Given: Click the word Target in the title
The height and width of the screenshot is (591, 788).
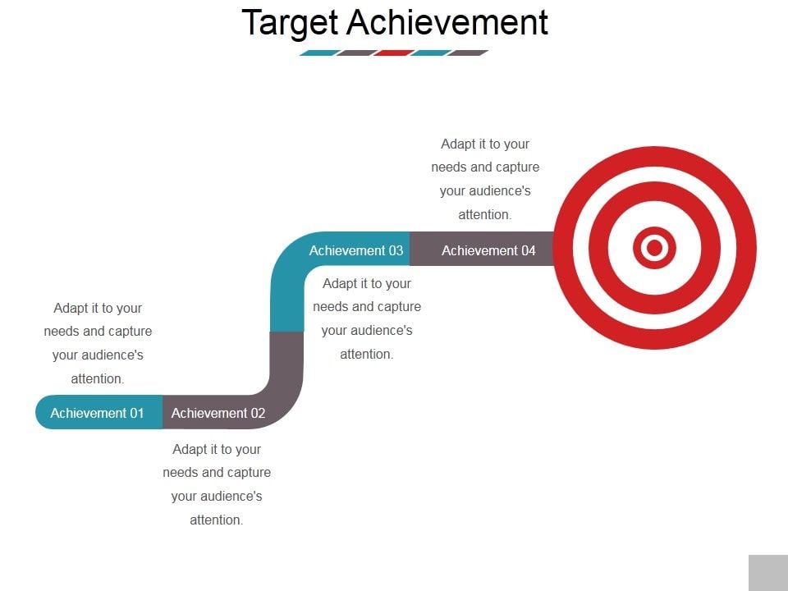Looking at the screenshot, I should (x=291, y=23).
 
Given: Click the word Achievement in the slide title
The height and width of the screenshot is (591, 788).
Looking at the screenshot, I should (x=447, y=22).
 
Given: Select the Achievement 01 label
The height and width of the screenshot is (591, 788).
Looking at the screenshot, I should (x=97, y=413).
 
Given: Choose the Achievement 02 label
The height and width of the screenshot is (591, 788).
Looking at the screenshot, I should (x=218, y=413).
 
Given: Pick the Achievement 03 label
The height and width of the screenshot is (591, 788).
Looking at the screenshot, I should (x=356, y=250).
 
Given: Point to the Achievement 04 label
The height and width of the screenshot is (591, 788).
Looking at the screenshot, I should (x=488, y=250).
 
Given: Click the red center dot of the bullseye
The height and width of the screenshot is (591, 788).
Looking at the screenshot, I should (x=654, y=247).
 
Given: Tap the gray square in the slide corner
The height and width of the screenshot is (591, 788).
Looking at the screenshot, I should (x=767, y=572).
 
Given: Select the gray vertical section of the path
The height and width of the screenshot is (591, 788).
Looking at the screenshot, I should (x=286, y=361).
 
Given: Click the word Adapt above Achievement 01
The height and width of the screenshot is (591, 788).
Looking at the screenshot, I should (x=71, y=308).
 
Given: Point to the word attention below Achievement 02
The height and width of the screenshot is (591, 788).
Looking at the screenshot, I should (x=216, y=520).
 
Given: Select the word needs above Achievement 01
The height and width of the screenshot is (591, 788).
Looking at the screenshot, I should (x=62, y=331).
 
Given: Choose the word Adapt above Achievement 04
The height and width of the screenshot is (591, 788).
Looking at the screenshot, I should (x=458, y=144).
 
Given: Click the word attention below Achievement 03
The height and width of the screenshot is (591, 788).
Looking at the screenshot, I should (x=366, y=354).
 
